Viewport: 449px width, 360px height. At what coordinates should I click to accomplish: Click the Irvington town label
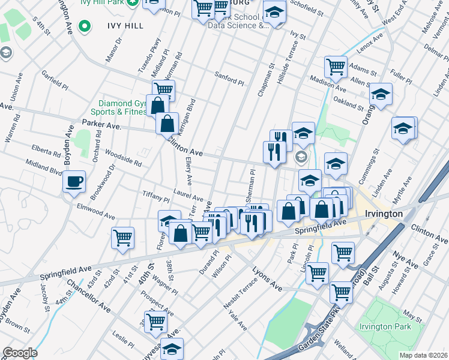pyautogui.click(x=382, y=214)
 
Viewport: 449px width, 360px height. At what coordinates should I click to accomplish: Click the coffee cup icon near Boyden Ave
pyautogui.click(x=74, y=181)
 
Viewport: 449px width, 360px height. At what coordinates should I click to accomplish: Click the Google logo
pyautogui.click(x=20, y=352)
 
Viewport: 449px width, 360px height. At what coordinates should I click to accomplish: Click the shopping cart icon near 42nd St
pyautogui.click(x=123, y=237)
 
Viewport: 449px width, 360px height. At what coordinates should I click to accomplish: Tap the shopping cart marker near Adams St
pyautogui.click(x=336, y=67)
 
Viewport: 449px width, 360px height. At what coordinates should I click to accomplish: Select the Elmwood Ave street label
pyautogui.click(x=95, y=211)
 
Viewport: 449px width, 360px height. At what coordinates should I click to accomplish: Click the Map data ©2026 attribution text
pyautogui.click(x=423, y=355)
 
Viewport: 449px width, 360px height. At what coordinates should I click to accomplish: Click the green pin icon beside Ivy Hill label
pyautogui.click(x=85, y=26)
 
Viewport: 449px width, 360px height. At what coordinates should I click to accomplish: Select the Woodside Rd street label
pyautogui.click(x=122, y=159)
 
